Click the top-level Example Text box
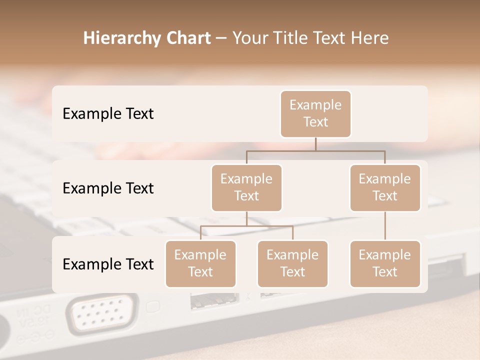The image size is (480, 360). click(x=315, y=113)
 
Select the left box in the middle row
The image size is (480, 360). click(x=246, y=187)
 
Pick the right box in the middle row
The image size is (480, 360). click(x=385, y=187)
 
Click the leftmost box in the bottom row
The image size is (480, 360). click(x=200, y=263)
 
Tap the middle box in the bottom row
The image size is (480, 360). click(x=292, y=263)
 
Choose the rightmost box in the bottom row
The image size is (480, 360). click(x=385, y=263)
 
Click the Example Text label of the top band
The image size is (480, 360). click(x=108, y=113)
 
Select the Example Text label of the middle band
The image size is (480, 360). click(x=108, y=188)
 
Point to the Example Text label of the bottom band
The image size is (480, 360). click(x=108, y=264)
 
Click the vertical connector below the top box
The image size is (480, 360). click(x=315, y=144)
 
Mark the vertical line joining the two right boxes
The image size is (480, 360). click(x=385, y=225)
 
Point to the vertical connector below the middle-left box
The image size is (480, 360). click(x=246, y=218)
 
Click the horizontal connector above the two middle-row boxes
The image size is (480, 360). click(x=315, y=150)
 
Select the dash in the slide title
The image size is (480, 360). click(x=221, y=38)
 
